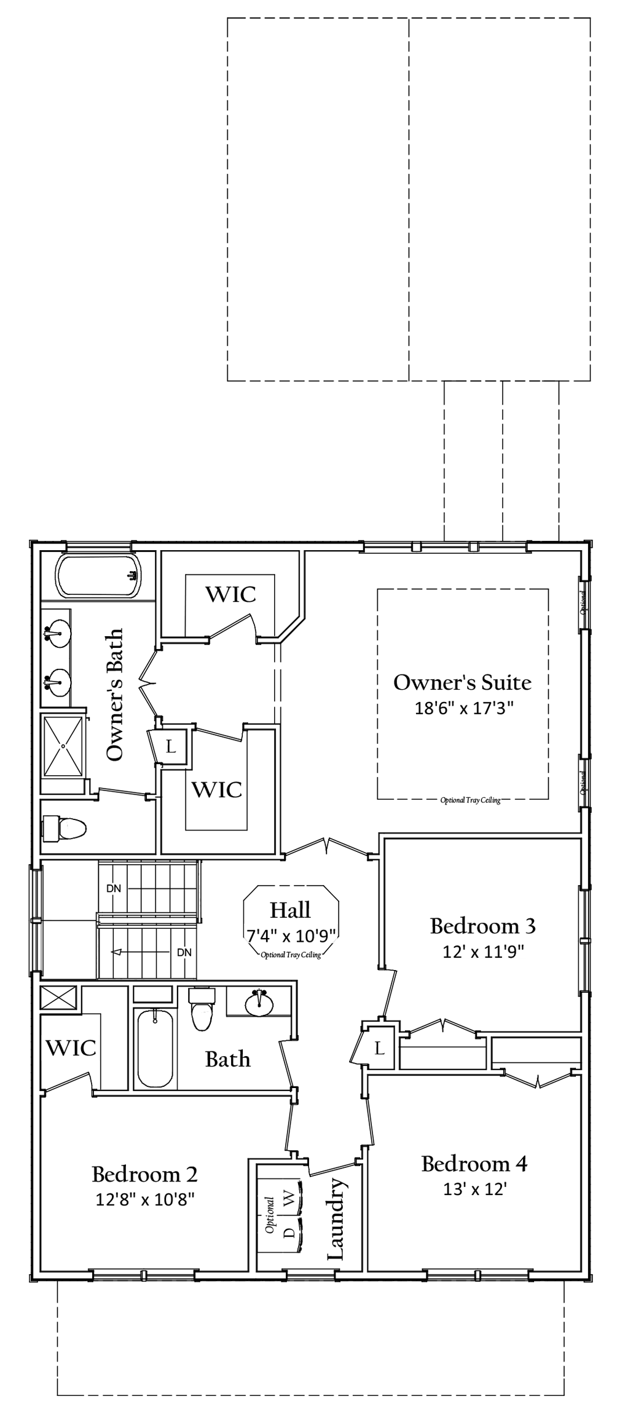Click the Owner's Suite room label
coord(462,682)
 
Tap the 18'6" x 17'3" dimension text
coord(464,708)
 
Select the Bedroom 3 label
coord(483,926)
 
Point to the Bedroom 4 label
coord(474,1164)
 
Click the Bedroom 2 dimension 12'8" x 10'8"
coord(145,1199)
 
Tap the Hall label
coord(291,910)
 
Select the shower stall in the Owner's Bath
coord(63,746)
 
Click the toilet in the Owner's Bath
coord(64,828)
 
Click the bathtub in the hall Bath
coord(154,1049)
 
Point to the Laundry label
coord(336,1219)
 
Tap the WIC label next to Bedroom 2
coord(71,1048)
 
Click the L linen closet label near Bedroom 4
coord(380,1048)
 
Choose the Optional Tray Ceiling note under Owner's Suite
coord(471,800)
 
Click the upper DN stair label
coord(114,888)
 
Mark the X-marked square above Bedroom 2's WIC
coord(59,997)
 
